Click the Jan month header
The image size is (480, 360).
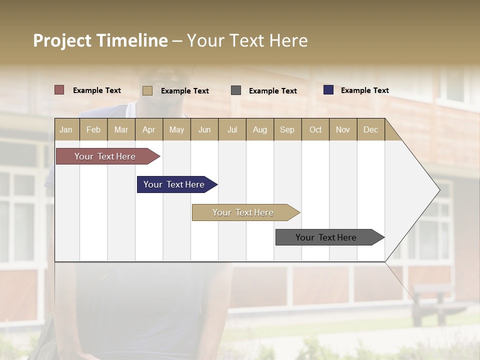pyautogui.click(x=66, y=129)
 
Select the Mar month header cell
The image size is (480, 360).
pyautogui.click(x=121, y=129)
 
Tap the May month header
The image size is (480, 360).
pyautogui.click(x=176, y=129)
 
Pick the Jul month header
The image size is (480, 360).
pyautogui.click(x=232, y=129)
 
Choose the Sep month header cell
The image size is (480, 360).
pyautogui.click(x=287, y=129)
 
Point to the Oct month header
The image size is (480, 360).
pyautogui.click(x=315, y=129)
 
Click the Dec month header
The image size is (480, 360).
pyautogui.click(x=370, y=129)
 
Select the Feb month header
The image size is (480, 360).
pyautogui.click(x=93, y=129)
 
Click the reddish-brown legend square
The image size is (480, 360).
pyautogui.click(x=59, y=90)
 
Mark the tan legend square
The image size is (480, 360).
pyautogui.click(x=147, y=90)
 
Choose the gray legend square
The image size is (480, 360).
pyautogui.click(x=236, y=90)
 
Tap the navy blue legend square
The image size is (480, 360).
pyautogui.click(x=328, y=90)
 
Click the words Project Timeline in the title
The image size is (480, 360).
pyautogui.click(x=100, y=40)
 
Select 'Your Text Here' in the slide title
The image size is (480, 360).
pyautogui.click(x=247, y=40)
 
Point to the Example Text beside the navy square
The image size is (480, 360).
pyautogui.click(x=364, y=90)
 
